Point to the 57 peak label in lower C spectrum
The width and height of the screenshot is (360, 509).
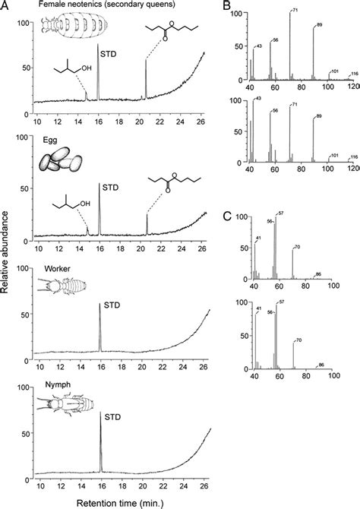[x=283, y=302]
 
